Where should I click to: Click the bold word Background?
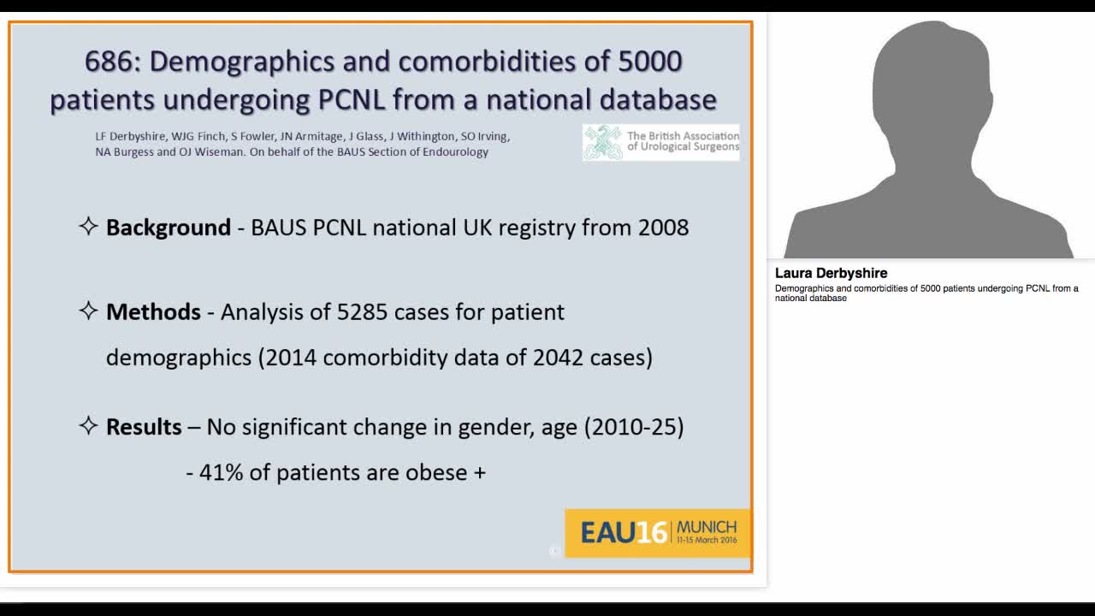pyautogui.click(x=169, y=228)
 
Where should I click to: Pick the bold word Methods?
pyautogui.click(x=153, y=312)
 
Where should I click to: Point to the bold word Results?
pyautogui.click(x=144, y=427)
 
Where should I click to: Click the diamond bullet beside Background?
pyautogui.click(x=88, y=227)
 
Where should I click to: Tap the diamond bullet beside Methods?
pyautogui.click(x=88, y=311)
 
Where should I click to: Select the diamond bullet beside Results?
pyautogui.click(x=88, y=426)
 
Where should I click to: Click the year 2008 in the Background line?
pyautogui.click(x=663, y=228)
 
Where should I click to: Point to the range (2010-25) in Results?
pyautogui.click(x=634, y=427)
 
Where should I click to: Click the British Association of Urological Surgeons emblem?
pyautogui.click(x=604, y=142)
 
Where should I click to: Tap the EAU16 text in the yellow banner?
pyautogui.click(x=624, y=533)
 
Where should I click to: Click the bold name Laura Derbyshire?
pyautogui.click(x=831, y=273)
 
